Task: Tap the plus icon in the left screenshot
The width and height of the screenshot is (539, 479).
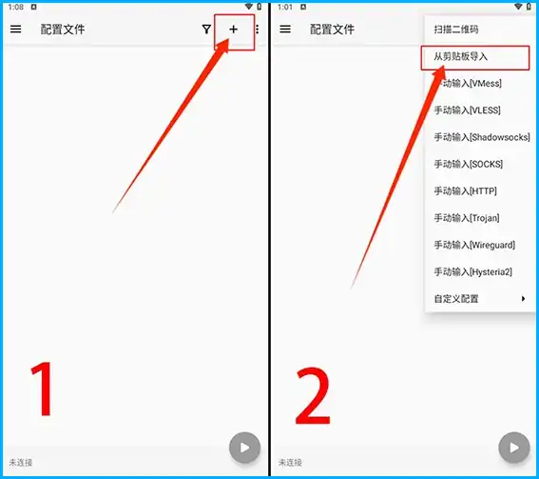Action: (x=234, y=30)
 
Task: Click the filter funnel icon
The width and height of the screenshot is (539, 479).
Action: (x=206, y=30)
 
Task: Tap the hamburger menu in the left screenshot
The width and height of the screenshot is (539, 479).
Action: (x=15, y=30)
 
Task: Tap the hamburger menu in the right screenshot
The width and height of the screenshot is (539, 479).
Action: (x=285, y=30)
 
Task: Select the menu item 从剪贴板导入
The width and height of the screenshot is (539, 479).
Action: (x=461, y=56)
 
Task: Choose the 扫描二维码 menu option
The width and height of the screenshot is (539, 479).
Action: (x=456, y=30)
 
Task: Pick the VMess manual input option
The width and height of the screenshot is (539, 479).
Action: (x=468, y=84)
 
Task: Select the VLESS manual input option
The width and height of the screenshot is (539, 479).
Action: (x=467, y=110)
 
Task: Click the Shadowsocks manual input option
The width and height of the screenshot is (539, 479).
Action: (x=482, y=137)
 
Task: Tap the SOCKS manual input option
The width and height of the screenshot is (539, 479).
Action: (x=469, y=164)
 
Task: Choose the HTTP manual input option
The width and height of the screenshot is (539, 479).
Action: (x=466, y=190)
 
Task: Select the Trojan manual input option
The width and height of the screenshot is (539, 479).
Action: (x=467, y=218)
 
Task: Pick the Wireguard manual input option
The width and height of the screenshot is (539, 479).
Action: (x=474, y=245)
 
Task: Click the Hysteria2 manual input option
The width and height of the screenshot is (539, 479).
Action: (x=473, y=271)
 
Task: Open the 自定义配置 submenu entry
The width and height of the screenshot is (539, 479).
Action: (x=456, y=299)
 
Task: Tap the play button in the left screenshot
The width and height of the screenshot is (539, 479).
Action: (x=244, y=448)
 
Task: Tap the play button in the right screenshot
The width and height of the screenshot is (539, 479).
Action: (x=514, y=448)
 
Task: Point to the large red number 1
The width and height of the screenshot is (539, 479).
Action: (x=43, y=389)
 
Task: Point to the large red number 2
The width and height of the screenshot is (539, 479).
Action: (x=313, y=395)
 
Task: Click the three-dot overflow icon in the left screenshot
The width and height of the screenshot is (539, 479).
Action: (x=257, y=30)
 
